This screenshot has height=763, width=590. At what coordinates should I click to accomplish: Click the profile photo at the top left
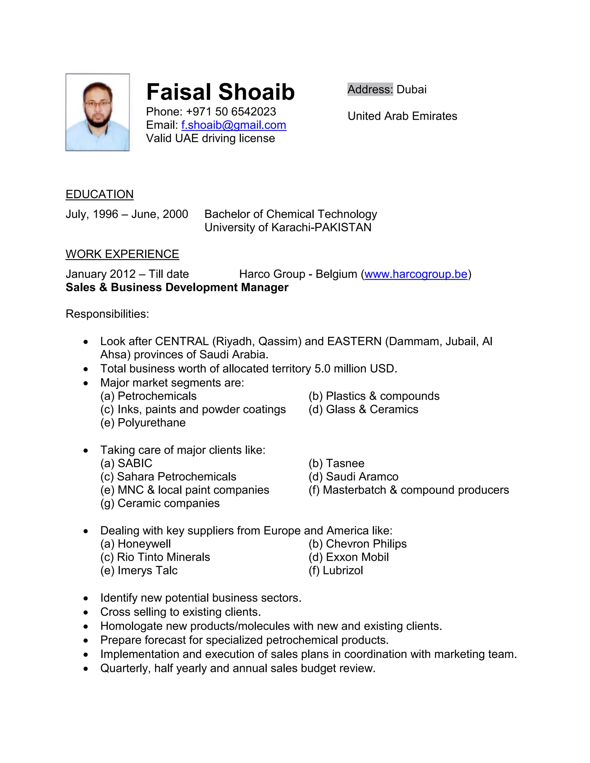[x=98, y=112]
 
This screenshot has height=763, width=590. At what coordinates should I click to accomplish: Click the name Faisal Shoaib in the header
[x=220, y=92]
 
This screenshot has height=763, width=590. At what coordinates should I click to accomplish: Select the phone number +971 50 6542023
[x=231, y=111]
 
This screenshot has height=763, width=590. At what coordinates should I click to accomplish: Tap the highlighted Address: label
[x=370, y=90]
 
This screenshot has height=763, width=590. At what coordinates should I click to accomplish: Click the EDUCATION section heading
[x=100, y=194]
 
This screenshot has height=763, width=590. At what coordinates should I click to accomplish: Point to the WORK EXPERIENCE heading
[x=122, y=254]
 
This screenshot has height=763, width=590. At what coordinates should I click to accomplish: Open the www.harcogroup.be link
[x=416, y=274]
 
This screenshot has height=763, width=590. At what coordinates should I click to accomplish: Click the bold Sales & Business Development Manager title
[x=177, y=287]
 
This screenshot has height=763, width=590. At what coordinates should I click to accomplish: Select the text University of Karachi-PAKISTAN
[x=288, y=227]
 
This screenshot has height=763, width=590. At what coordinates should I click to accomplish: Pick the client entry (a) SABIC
[x=126, y=463]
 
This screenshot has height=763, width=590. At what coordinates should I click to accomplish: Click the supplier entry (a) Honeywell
[x=136, y=544]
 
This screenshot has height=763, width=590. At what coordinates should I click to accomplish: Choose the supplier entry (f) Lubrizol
[x=336, y=570]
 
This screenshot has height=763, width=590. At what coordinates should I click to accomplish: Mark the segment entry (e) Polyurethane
[x=143, y=423]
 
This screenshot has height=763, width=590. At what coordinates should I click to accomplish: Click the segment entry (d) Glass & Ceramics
[x=363, y=409]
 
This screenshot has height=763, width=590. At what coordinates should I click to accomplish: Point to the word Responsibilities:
[x=107, y=314]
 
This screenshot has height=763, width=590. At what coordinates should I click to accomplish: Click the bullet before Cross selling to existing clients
[x=86, y=612]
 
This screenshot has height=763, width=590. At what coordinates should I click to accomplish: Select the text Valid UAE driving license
[x=210, y=138]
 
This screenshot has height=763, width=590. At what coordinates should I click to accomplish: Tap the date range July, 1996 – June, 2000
[x=127, y=214]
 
